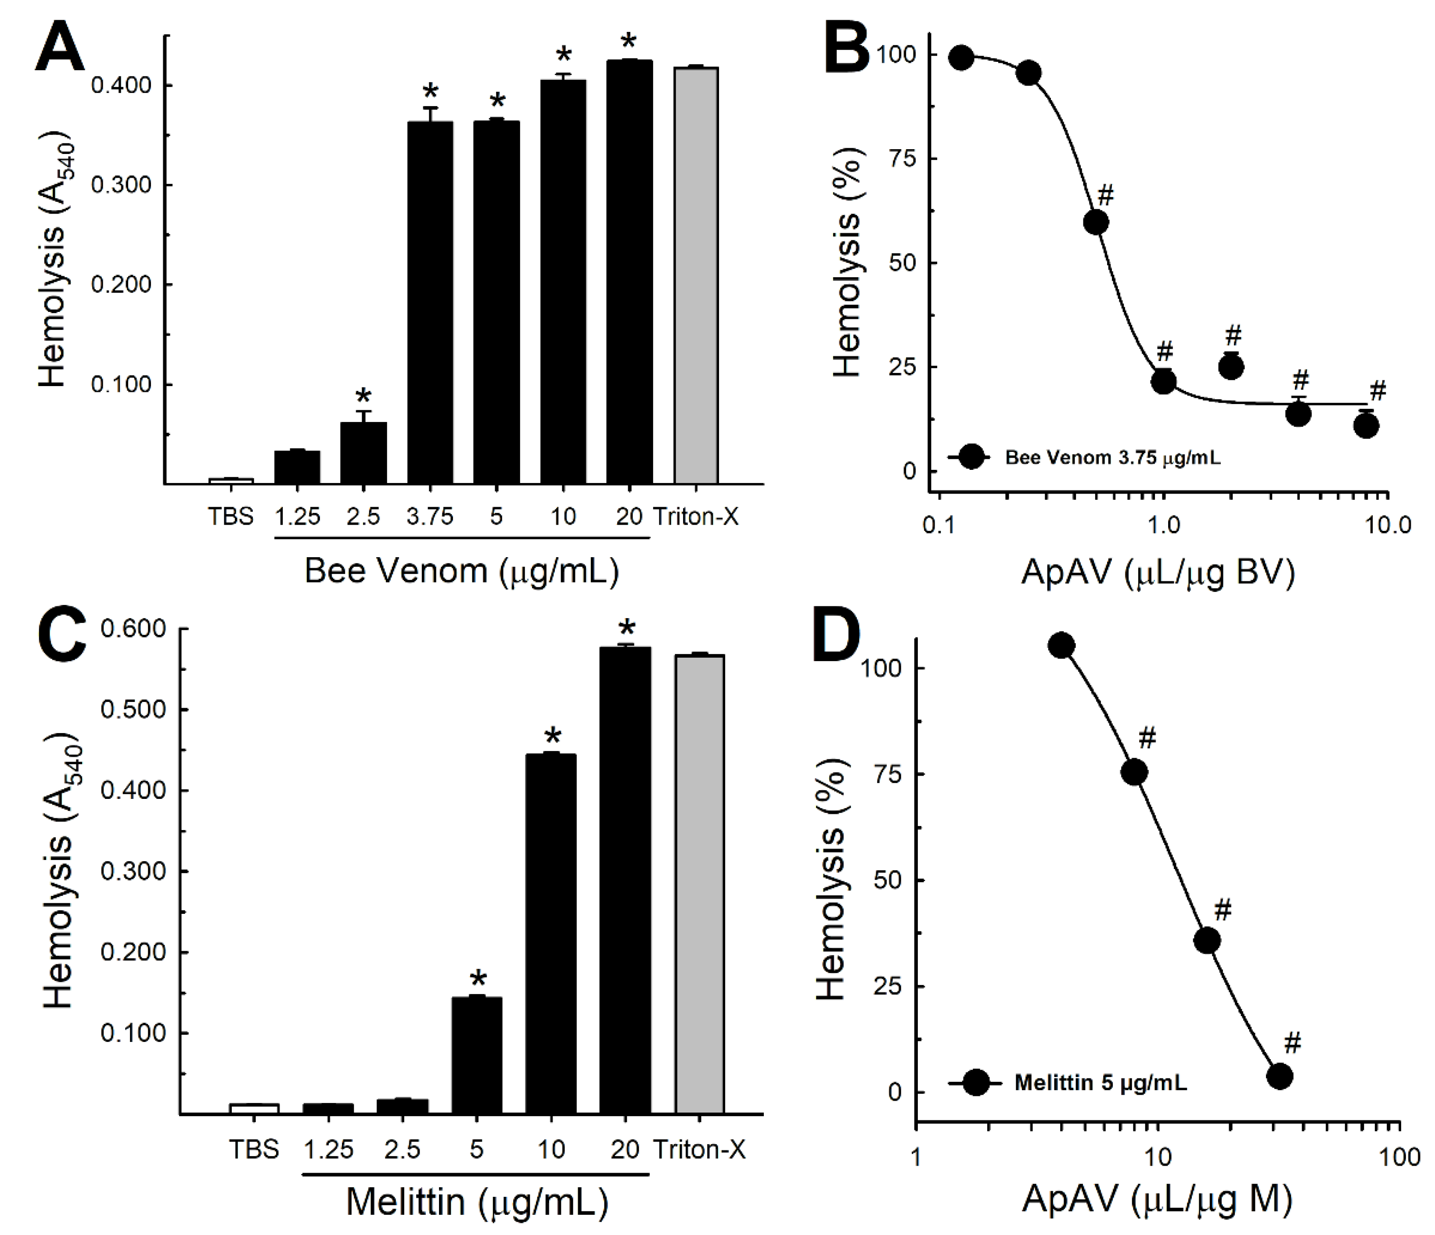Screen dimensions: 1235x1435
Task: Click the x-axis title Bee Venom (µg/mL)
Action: click(461, 571)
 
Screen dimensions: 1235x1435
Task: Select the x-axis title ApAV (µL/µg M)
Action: click(1157, 1200)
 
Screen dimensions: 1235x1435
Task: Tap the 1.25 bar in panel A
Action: click(297, 467)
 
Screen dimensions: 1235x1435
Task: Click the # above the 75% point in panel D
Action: click(1147, 739)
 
